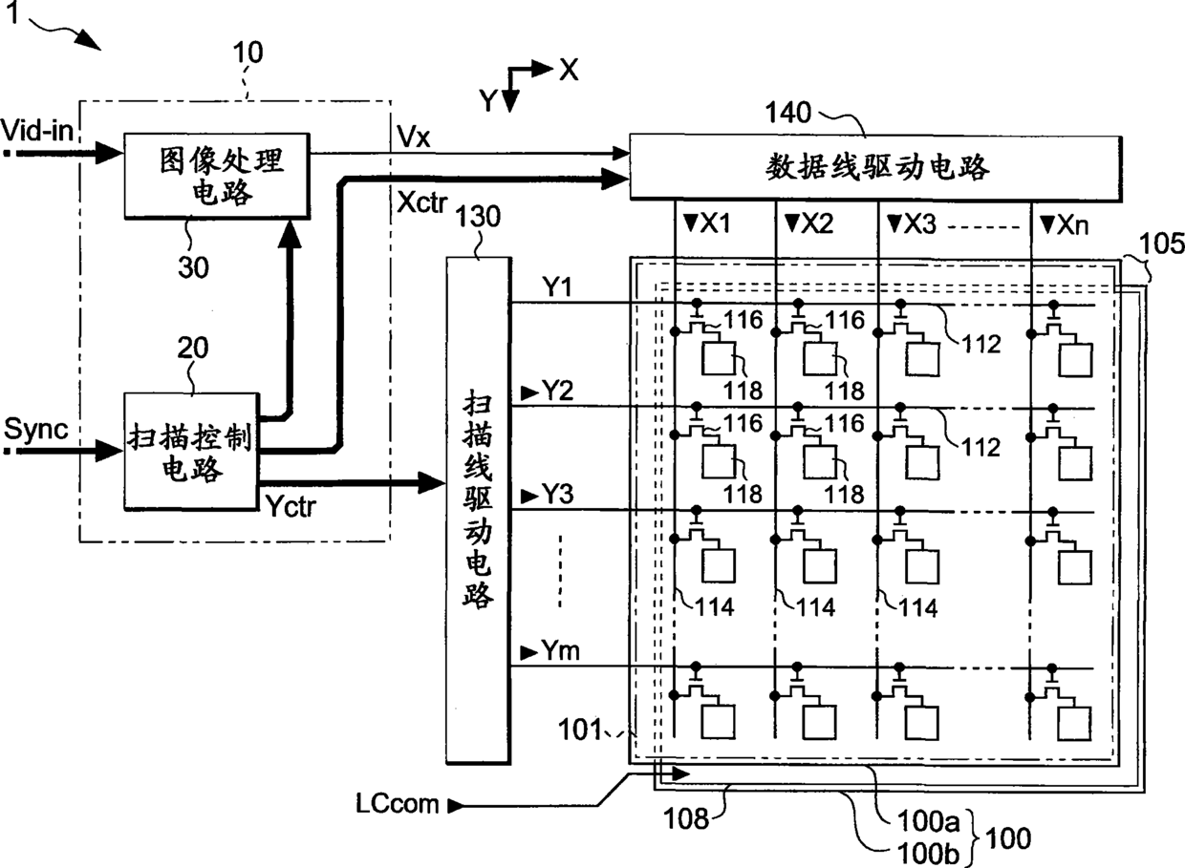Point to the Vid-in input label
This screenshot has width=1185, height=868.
[37, 130]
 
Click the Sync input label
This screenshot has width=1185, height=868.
[36, 429]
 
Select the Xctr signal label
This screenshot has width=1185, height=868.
[422, 202]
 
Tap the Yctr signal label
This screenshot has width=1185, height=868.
[291, 506]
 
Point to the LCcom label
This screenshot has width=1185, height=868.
[398, 804]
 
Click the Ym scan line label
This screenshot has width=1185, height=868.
[560, 650]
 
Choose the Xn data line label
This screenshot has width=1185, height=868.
[1072, 225]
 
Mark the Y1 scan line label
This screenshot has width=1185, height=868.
[557, 287]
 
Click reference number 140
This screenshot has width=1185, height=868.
[787, 113]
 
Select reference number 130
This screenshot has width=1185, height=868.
[478, 216]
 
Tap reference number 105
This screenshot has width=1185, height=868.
[1161, 243]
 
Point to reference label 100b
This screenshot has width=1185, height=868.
[928, 854]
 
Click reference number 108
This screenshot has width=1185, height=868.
[685, 819]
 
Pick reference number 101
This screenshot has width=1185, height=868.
[580, 730]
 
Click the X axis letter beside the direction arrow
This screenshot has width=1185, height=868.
[570, 70]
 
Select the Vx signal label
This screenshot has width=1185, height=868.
[414, 138]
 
